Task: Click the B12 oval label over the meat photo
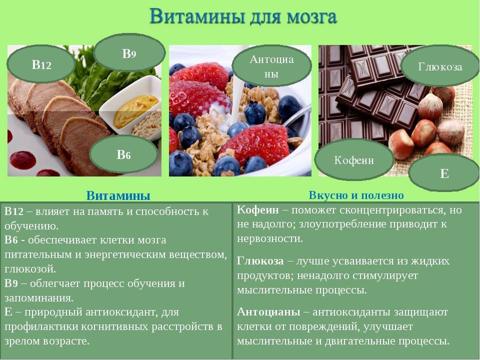pos(41,64)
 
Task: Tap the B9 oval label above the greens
pos(129,53)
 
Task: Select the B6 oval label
pos(123,154)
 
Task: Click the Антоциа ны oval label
pos(271,66)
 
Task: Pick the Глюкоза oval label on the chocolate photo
pos(440,66)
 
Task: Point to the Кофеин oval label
pos(354,160)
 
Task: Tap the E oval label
pos(444,173)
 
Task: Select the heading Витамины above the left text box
pos(118,195)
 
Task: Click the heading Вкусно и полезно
pos(356,195)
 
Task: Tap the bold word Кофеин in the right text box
pos(258,210)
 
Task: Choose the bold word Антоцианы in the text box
pos(268,312)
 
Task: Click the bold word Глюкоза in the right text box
pos(260,261)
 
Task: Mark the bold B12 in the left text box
pos(14,211)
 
